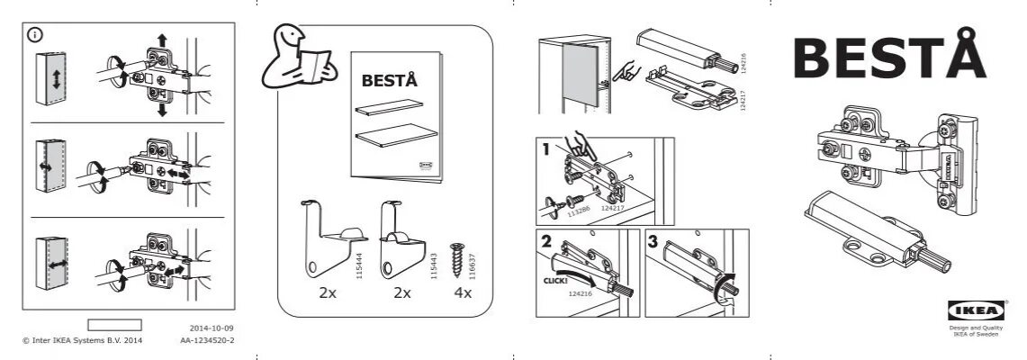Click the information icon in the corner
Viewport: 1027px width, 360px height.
pyautogui.click(x=35, y=35)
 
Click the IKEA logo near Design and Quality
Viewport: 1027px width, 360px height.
pyautogui.click(x=963, y=310)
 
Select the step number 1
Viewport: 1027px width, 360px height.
pyautogui.click(x=545, y=150)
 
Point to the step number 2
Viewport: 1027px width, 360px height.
pyautogui.click(x=545, y=241)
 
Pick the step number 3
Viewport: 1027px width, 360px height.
pyautogui.click(x=654, y=241)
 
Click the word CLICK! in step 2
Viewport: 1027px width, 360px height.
pyautogui.click(x=556, y=281)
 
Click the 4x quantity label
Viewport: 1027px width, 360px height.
pyautogui.click(x=463, y=292)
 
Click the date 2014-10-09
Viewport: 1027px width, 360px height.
pyautogui.click(x=212, y=328)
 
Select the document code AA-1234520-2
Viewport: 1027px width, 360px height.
pyautogui.click(x=207, y=341)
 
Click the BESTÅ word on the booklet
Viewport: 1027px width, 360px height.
pyautogui.click(x=389, y=80)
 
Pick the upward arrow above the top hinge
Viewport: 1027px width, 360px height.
pyautogui.click(x=162, y=39)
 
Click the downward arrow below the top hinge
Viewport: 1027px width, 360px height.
pyautogui.click(x=162, y=109)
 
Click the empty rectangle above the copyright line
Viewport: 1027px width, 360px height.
pyautogui.click(x=114, y=325)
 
